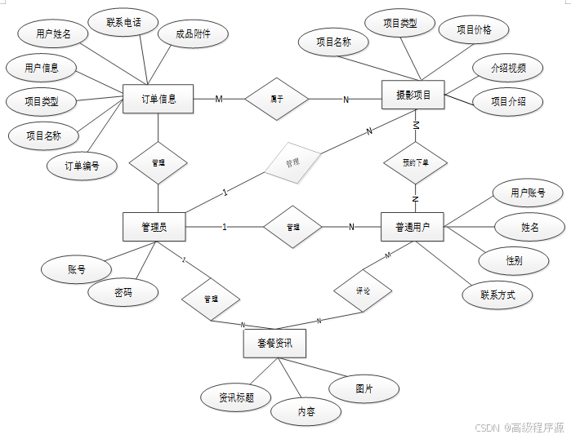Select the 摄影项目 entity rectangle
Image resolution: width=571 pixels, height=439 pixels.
tap(414, 95)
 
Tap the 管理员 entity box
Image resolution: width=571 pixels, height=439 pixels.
tap(154, 227)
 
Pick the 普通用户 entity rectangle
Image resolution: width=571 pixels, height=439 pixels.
tap(413, 226)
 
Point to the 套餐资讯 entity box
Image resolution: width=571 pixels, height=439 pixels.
tap(274, 344)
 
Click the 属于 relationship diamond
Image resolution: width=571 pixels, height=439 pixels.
tap(277, 100)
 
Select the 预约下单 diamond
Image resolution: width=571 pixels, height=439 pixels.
tap(415, 162)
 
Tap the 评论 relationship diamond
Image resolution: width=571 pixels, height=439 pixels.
tap(363, 290)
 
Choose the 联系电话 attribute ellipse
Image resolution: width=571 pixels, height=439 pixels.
tap(124, 22)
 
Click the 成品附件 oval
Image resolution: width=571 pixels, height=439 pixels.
tap(193, 34)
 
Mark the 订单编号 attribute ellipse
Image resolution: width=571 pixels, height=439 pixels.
tap(83, 166)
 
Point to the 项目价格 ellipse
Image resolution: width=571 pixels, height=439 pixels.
tap(474, 29)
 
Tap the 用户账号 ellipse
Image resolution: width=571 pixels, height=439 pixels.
tap(527, 193)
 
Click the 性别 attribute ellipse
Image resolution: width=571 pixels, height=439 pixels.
tap(514, 260)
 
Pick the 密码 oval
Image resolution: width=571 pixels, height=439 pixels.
tap(123, 292)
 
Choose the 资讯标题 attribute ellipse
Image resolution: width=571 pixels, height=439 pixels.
tap(235, 397)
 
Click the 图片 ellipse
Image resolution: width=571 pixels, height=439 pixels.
tap(364, 389)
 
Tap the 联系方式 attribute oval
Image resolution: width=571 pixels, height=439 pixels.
tap(497, 295)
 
